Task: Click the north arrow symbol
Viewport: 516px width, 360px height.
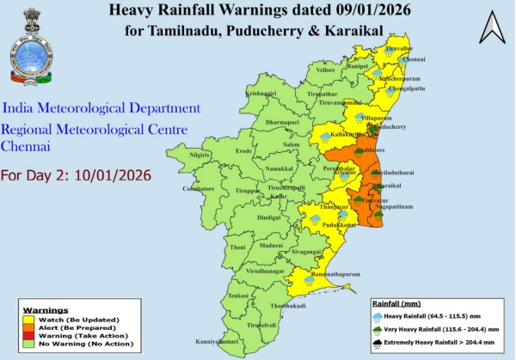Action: [492, 28]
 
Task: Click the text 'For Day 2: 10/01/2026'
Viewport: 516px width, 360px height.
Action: [76, 175]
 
